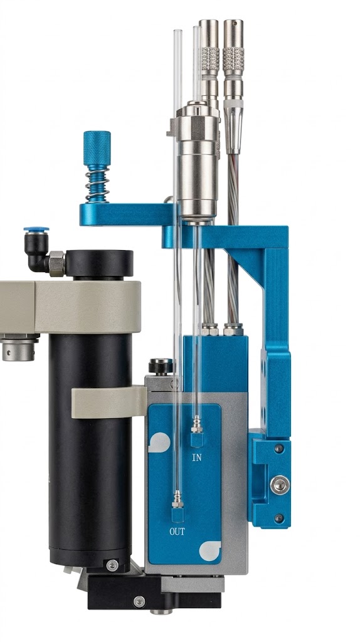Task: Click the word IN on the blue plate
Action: [196, 457]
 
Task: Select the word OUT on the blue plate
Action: [177, 532]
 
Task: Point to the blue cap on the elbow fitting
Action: [36, 229]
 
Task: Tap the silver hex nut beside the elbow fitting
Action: [57, 263]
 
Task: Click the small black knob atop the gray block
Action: [161, 366]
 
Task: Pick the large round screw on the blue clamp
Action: [280, 485]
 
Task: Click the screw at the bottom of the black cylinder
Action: [112, 566]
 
